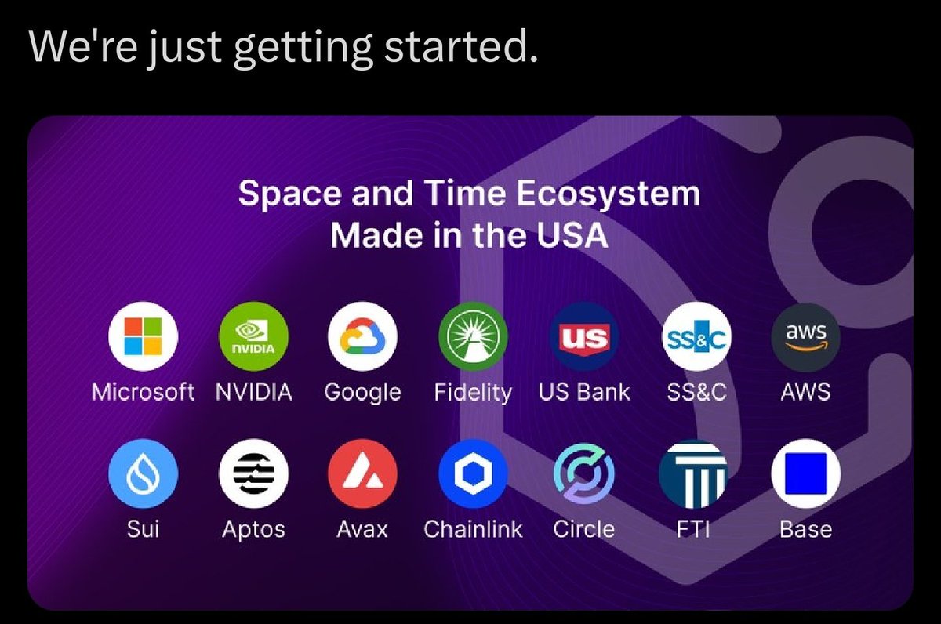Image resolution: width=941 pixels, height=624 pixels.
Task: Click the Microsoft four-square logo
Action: [x=143, y=336]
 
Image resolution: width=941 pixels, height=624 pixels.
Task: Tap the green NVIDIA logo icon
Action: [x=253, y=336]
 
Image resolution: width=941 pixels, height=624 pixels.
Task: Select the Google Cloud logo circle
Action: [x=362, y=336]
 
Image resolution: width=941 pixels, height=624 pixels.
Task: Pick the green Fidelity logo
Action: [x=473, y=336]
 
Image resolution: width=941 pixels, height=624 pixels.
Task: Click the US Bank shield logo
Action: [x=583, y=336]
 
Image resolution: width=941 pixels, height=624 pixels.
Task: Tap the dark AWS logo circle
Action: [x=806, y=336]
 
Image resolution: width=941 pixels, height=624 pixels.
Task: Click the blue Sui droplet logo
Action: [x=143, y=473]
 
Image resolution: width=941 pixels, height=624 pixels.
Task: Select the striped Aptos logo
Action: [x=253, y=473]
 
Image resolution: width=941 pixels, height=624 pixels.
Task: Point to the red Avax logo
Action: [x=362, y=473]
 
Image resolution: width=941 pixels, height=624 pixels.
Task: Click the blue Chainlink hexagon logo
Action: [x=473, y=473]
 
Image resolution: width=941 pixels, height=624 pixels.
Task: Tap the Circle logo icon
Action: [x=583, y=473]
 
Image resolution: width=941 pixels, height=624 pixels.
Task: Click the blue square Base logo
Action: [x=806, y=473]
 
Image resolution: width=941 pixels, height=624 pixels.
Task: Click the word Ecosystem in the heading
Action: [x=608, y=194]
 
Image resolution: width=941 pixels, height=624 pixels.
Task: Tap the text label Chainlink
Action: [x=473, y=529]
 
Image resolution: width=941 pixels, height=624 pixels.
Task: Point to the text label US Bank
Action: [x=583, y=392]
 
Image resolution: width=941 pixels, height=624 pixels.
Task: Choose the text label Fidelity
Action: [x=473, y=392]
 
